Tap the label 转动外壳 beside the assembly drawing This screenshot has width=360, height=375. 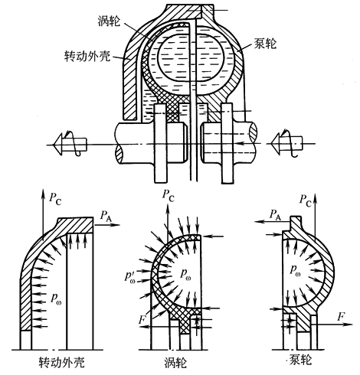[x=87, y=56]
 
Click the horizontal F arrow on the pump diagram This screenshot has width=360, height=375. [x=329, y=324]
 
